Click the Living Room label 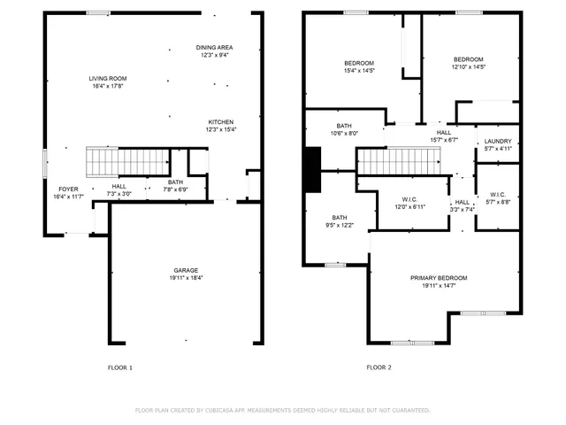[x=107, y=82]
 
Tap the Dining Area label [x=214, y=50]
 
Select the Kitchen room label [x=221, y=125]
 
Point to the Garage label [x=185, y=274]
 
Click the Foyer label [x=68, y=192]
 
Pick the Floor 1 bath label [x=175, y=185]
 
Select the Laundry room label [x=498, y=144]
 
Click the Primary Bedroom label [x=439, y=282]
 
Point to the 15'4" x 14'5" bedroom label [x=358, y=66]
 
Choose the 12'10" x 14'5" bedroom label [x=468, y=63]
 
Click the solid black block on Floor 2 [x=312, y=169]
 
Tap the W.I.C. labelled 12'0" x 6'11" [x=410, y=203]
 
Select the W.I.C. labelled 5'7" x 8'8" [x=498, y=199]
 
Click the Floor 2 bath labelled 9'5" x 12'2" [x=340, y=221]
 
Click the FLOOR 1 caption [x=119, y=367]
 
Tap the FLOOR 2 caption [x=379, y=367]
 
